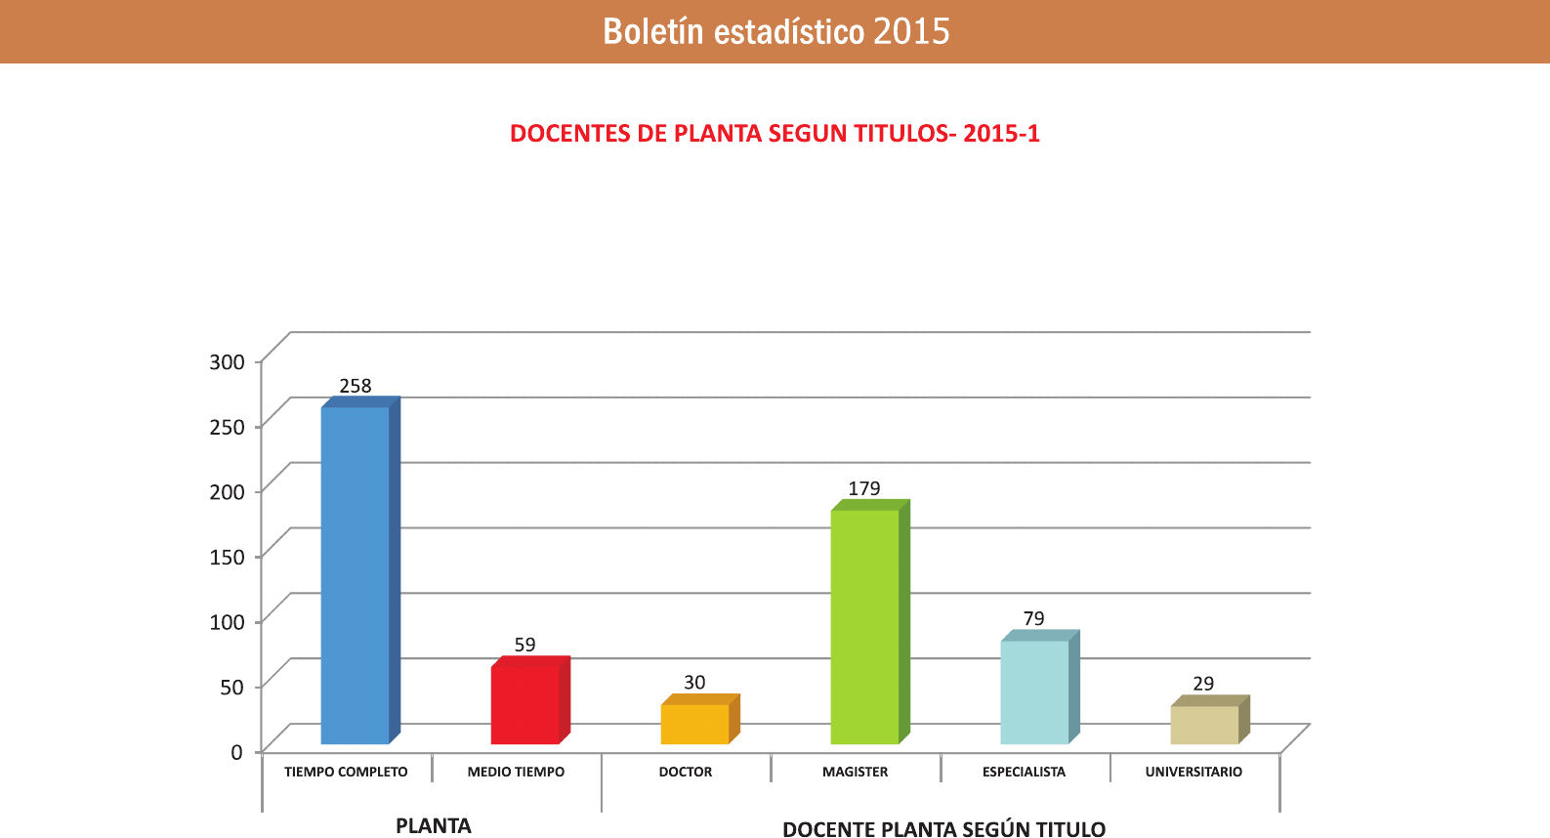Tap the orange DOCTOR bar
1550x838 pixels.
tap(694, 724)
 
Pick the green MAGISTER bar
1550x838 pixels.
tap(864, 626)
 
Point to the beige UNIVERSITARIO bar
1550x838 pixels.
tap(1204, 725)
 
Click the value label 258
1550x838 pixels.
tap(356, 386)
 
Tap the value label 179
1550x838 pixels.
tap(864, 488)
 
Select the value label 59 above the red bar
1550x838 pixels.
tap(525, 645)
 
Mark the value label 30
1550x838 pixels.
tap(694, 683)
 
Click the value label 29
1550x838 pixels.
tap(1203, 684)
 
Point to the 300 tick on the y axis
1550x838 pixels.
tap(227, 361)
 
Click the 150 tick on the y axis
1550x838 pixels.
tap(227, 557)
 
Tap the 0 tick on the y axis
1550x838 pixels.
tap(236, 752)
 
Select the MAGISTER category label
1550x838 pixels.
tap(855, 772)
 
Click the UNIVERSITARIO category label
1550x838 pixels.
tap(1194, 772)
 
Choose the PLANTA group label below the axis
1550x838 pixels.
tap(434, 825)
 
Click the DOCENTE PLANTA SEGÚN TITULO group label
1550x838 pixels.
tap(943, 829)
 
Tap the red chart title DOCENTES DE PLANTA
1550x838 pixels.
tap(775, 134)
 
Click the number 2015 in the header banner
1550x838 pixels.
tap(911, 31)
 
